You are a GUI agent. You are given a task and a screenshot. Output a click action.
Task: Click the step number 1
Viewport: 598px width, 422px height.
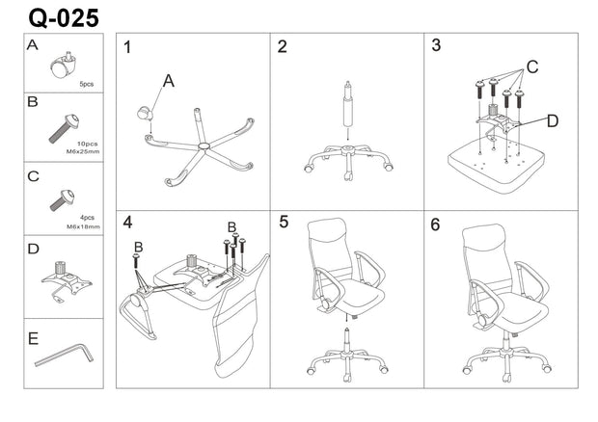point(127,47)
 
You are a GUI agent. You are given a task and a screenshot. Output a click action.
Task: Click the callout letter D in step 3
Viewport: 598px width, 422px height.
point(551,121)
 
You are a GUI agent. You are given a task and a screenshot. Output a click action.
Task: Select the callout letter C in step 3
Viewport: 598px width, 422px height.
point(530,68)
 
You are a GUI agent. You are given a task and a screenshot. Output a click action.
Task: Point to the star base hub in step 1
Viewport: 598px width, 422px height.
point(203,146)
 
